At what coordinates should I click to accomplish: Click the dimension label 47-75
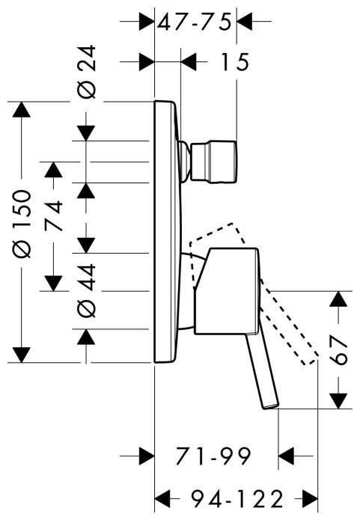click(x=194, y=22)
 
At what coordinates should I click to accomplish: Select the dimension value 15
click(x=235, y=62)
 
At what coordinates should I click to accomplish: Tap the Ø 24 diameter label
click(x=87, y=72)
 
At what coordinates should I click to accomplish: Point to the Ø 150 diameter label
click(x=22, y=224)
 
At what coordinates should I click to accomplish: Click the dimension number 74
click(x=54, y=216)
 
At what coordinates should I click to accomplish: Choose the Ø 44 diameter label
click(x=87, y=290)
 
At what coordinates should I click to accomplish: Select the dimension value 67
click(x=339, y=350)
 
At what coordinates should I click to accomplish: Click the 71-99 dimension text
click(x=213, y=456)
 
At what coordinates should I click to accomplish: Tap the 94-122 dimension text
click(x=237, y=498)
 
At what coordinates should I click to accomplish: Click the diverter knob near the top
click(x=213, y=162)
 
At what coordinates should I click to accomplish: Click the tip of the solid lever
click(x=272, y=406)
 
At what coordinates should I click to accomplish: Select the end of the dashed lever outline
click(x=311, y=360)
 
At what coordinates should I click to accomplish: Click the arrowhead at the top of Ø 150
click(x=22, y=109)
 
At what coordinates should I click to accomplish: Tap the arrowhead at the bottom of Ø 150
click(x=22, y=355)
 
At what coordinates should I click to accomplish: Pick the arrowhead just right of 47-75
click(x=245, y=22)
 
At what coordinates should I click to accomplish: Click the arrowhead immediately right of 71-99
click(x=286, y=456)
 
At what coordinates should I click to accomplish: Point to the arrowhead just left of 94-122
click(x=162, y=498)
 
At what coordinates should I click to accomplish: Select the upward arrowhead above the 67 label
click(x=338, y=299)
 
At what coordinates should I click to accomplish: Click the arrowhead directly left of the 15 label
click(x=189, y=61)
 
